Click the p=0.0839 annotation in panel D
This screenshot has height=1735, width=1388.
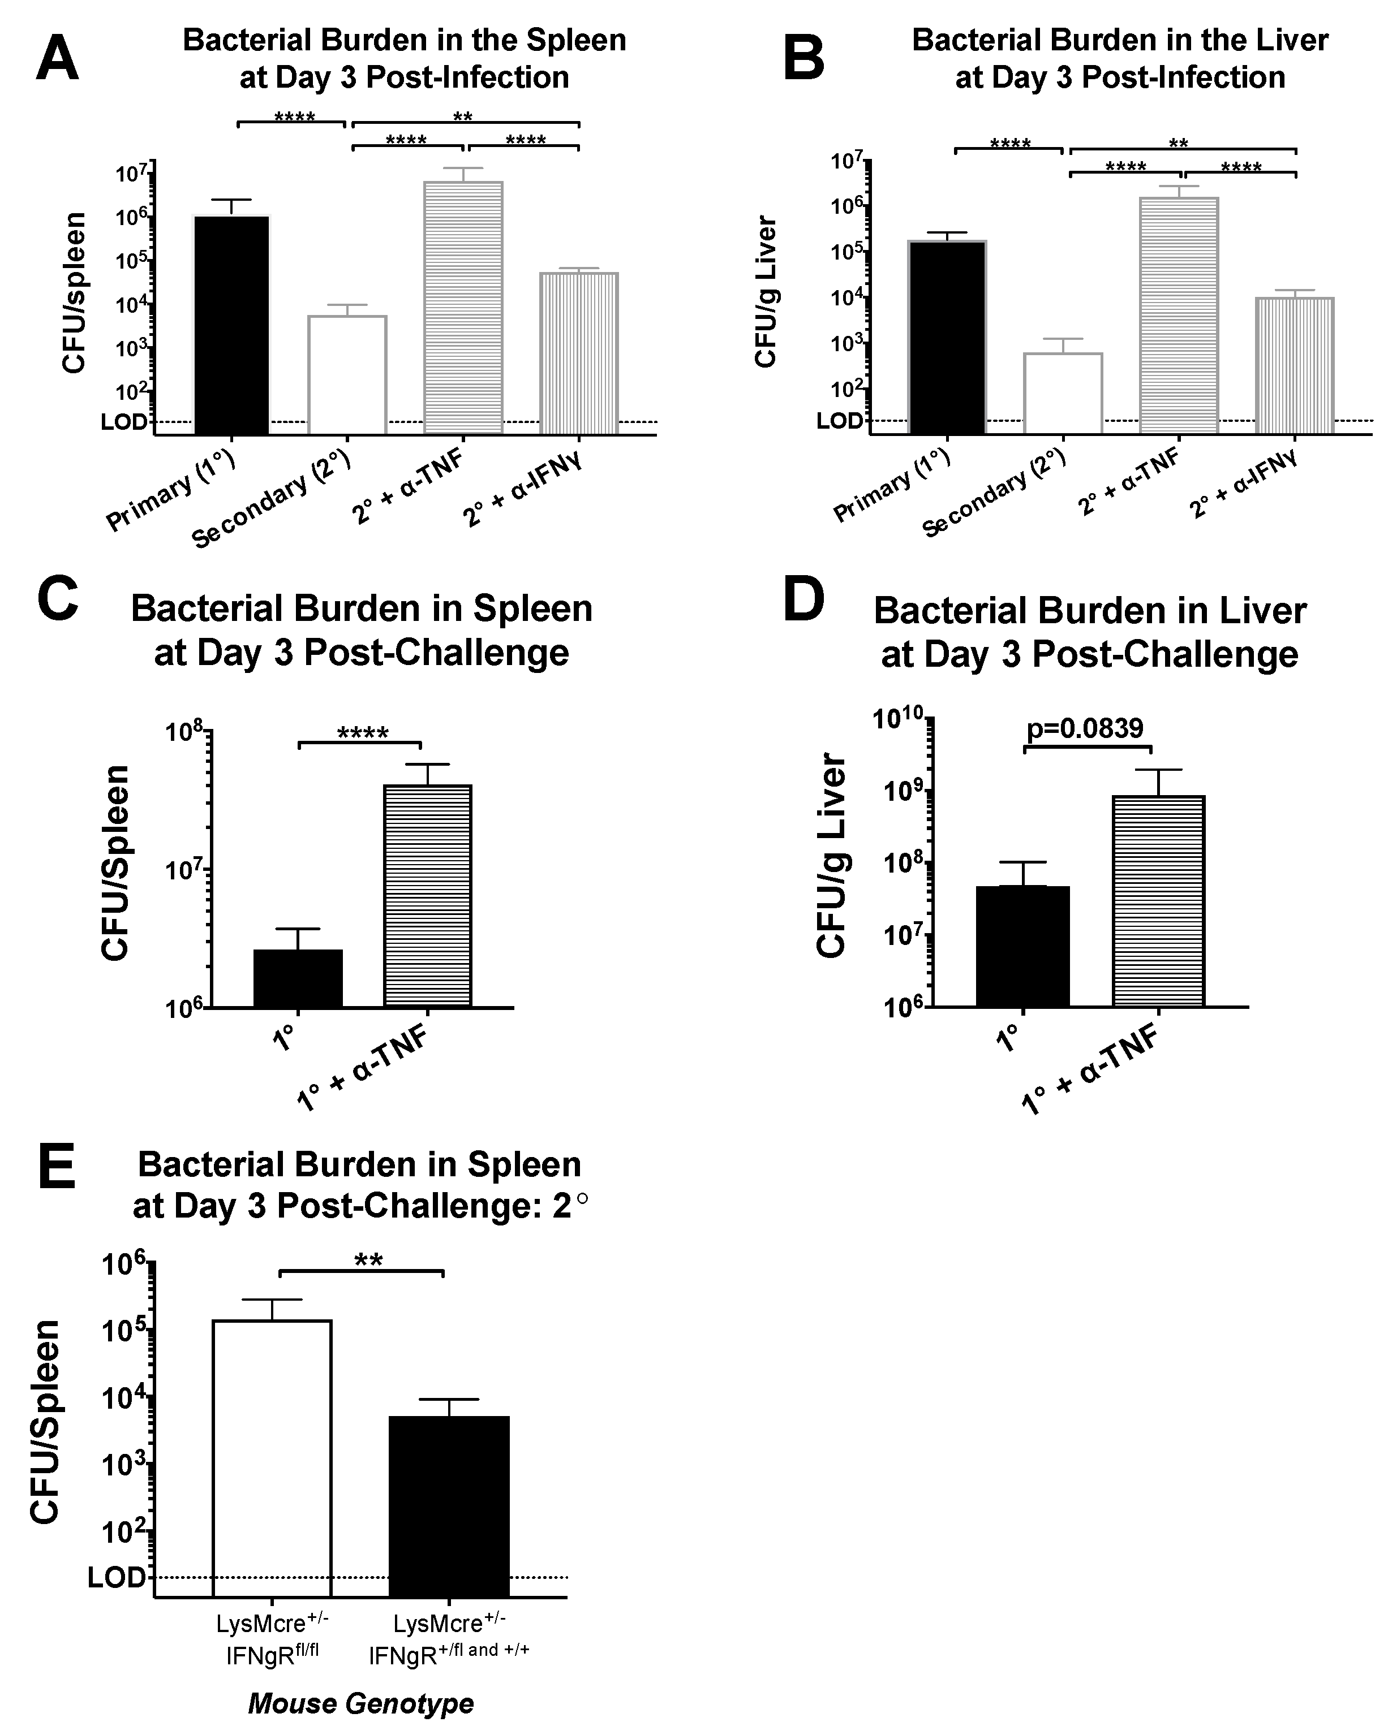click(x=1085, y=728)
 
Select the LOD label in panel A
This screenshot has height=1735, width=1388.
click(x=124, y=422)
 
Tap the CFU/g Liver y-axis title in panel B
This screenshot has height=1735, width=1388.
click(x=766, y=291)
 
